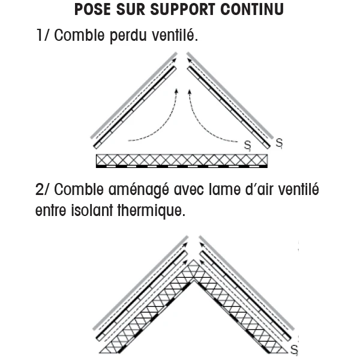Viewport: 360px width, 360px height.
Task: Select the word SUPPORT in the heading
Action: click(179, 10)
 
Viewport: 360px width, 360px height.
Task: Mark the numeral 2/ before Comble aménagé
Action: click(44, 190)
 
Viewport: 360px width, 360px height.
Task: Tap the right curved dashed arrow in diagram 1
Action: click(207, 123)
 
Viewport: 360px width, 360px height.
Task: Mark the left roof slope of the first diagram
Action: click(134, 103)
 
